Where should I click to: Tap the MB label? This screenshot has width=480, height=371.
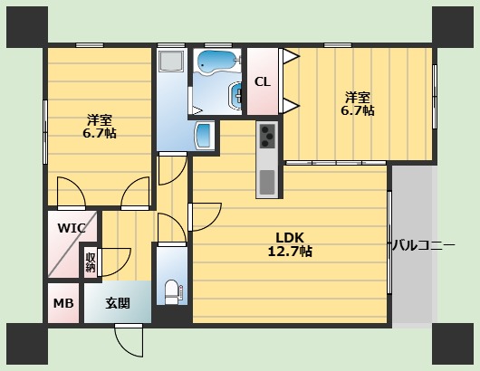pos(63,303)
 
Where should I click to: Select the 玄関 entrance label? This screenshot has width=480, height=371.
pos(117,303)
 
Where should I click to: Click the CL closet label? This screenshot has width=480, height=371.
pos(262,81)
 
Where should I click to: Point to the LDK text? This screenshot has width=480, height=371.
pos(291,238)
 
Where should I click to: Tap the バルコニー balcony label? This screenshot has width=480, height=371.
pos(423,245)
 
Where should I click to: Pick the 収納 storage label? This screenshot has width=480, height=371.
pos(91,262)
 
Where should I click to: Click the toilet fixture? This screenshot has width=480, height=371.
pos(172,291)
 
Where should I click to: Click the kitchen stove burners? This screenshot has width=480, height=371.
pos(267,136)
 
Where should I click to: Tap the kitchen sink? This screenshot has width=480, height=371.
pos(267,182)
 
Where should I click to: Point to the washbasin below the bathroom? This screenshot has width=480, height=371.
pos(205,136)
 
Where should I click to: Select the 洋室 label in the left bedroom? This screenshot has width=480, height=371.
pos(100,119)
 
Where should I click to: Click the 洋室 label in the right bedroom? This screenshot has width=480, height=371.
pos(357,97)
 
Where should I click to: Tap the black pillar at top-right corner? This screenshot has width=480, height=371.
pos(454,25)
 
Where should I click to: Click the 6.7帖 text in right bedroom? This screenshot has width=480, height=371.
pos(357,110)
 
